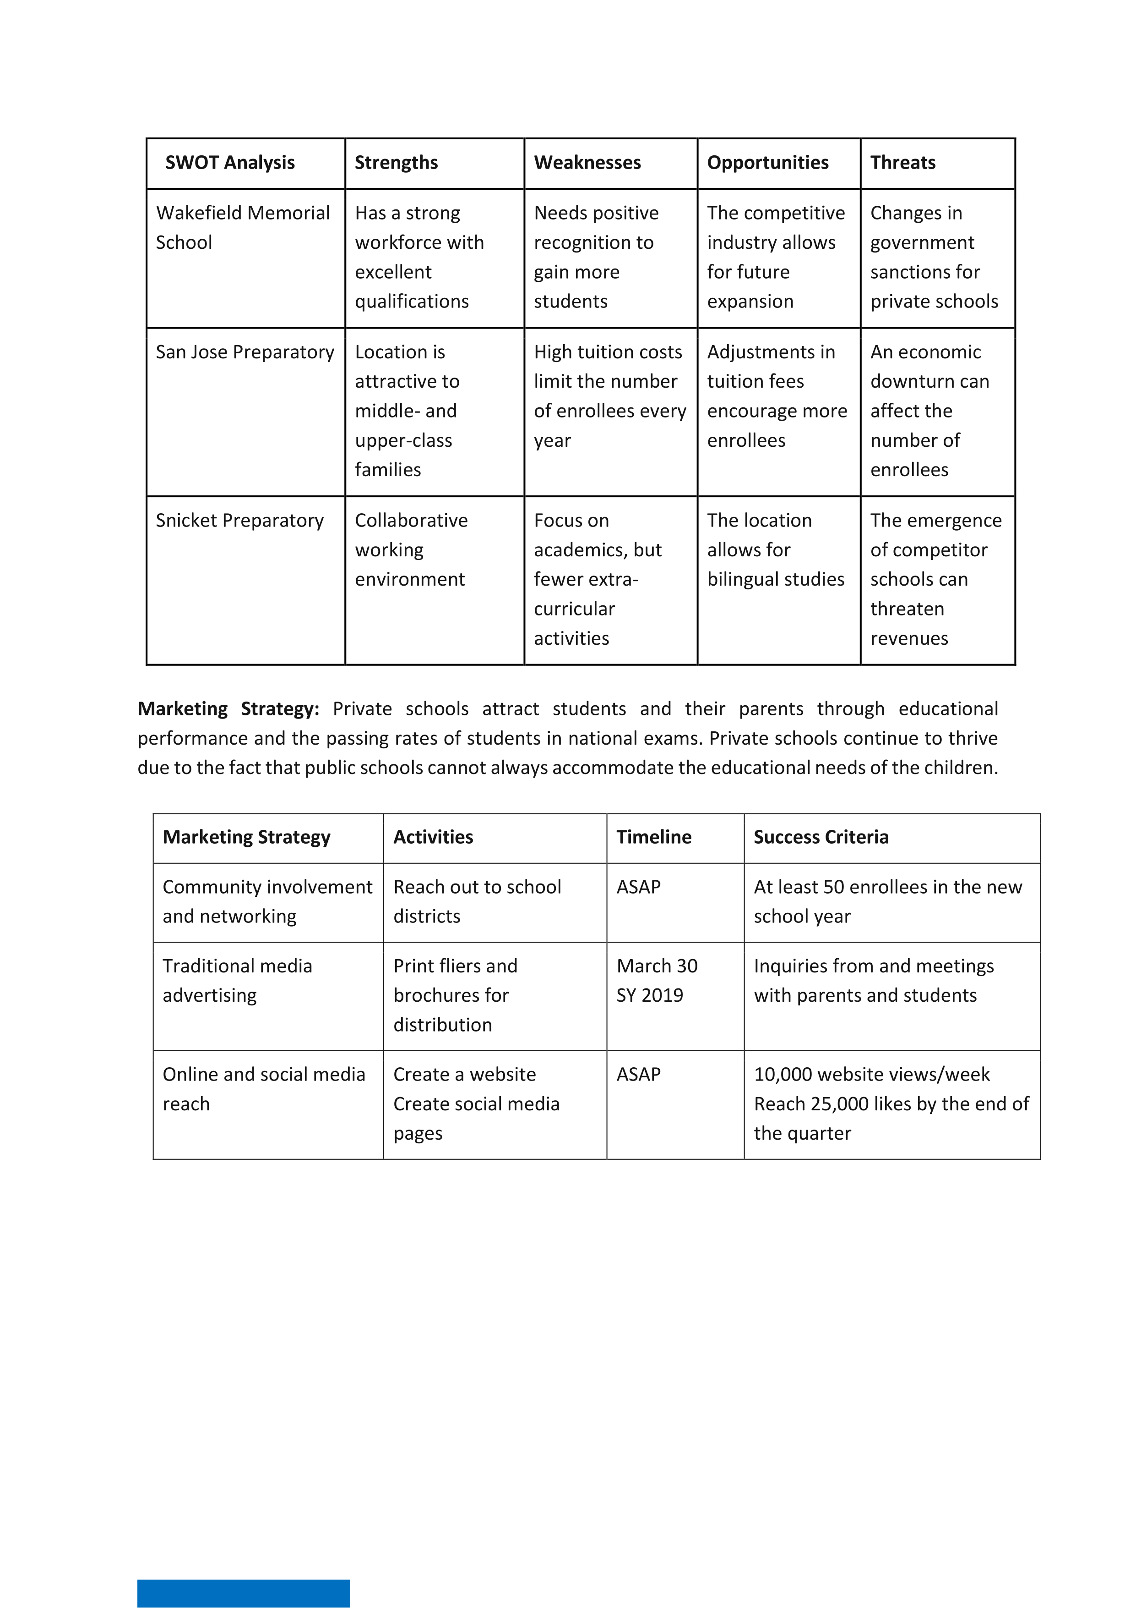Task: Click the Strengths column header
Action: (x=396, y=163)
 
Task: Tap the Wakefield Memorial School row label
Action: (x=242, y=228)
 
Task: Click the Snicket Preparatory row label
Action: (x=239, y=521)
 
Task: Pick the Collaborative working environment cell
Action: (x=411, y=550)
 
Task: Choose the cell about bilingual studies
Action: (x=776, y=550)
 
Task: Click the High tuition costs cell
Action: (x=609, y=395)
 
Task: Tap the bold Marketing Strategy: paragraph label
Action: (x=228, y=709)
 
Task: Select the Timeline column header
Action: (x=654, y=837)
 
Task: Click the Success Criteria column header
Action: (x=821, y=837)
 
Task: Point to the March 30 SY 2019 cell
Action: (x=657, y=981)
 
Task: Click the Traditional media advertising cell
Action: (x=237, y=981)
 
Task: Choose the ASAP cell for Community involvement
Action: (x=638, y=887)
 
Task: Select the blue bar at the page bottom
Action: (x=244, y=1593)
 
